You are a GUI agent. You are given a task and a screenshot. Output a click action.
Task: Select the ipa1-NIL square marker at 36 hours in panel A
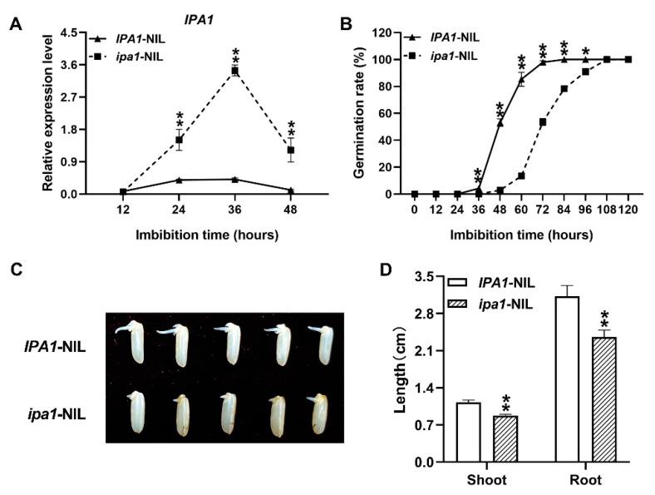(235, 72)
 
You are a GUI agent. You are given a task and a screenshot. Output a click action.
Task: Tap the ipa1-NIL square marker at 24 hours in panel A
(179, 140)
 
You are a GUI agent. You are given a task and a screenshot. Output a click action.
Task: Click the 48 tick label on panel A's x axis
(291, 210)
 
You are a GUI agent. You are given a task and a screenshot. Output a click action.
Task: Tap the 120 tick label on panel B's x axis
(628, 210)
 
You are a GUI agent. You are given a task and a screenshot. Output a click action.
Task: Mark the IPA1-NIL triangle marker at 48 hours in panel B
(500, 123)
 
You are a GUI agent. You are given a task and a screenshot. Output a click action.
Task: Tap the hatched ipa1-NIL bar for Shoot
(505, 438)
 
